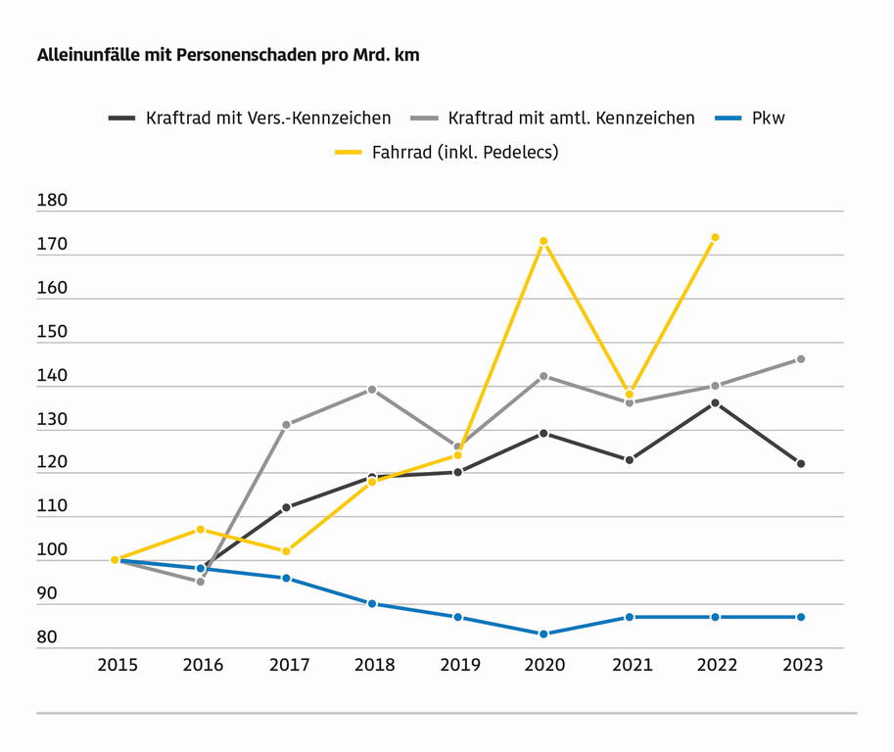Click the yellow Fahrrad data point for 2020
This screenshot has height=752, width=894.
(x=543, y=241)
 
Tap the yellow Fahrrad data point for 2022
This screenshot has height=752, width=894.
(x=715, y=237)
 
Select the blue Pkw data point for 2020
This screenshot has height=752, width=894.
(x=543, y=634)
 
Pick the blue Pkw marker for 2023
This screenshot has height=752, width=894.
(x=801, y=617)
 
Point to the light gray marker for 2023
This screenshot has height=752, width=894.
(x=801, y=359)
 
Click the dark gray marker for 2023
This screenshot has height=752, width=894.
(x=801, y=463)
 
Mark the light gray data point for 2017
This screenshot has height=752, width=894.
(x=286, y=425)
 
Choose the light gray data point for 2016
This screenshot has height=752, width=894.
(x=201, y=582)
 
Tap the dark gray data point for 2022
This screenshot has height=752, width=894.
(x=715, y=402)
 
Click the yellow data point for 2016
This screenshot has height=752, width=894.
(x=201, y=530)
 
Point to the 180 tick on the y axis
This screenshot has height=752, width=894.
(x=52, y=201)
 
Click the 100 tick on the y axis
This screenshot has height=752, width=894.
(x=52, y=550)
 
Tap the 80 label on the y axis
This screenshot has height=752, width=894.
(x=47, y=637)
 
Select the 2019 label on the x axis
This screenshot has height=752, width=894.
(x=459, y=665)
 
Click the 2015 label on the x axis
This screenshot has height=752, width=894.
(x=117, y=665)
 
